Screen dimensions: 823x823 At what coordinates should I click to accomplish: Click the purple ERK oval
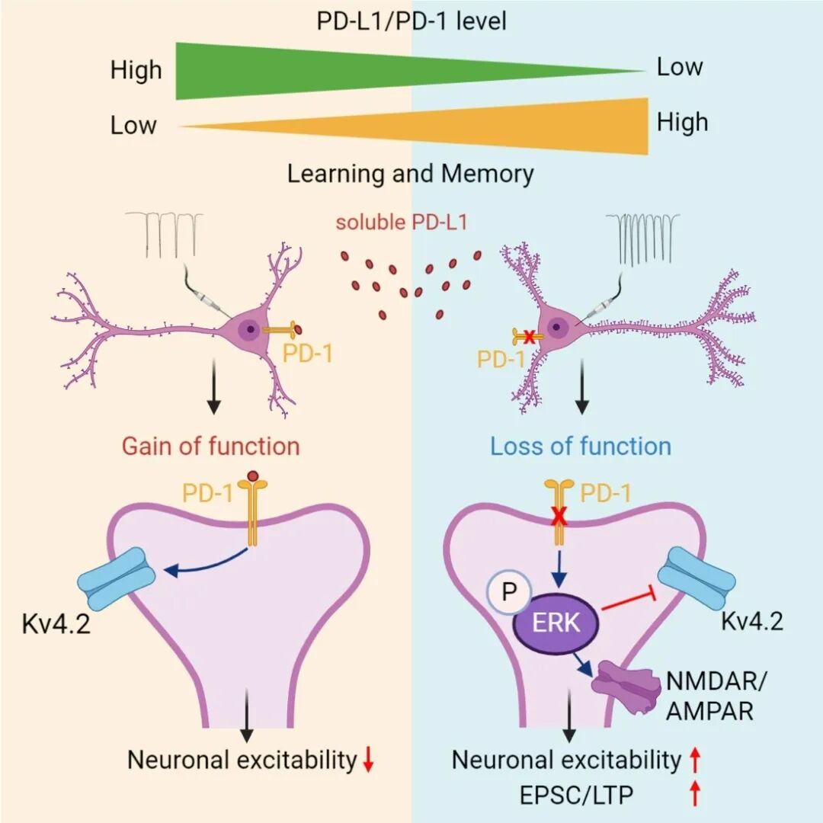coord(556,623)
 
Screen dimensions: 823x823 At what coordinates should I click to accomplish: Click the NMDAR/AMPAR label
coord(716,696)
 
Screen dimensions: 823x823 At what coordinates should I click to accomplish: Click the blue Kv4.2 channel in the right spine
coord(697,578)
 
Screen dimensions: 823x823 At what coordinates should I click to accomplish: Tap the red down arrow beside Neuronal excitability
coord(369,760)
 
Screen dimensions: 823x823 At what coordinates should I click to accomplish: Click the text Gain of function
coord(210,446)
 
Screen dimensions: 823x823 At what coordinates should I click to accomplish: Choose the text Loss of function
coord(581,446)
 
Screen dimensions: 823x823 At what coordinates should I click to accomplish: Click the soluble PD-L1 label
coord(402,222)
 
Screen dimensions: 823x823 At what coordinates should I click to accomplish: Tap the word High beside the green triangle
coord(136,70)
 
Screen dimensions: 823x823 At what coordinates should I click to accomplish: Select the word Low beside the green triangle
coord(680,66)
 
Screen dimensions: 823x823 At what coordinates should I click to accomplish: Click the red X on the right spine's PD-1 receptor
coord(560,518)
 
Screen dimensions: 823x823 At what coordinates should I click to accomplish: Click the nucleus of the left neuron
coord(251,329)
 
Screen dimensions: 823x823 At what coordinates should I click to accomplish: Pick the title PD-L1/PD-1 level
coord(411,21)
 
